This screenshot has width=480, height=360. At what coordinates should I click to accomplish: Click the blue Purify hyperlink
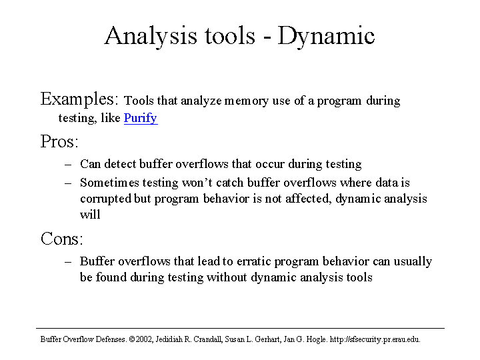[x=141, y=118]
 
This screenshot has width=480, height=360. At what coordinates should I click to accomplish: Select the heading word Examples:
[x=79, y=99]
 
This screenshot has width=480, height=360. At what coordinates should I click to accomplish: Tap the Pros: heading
[x=59, y=141]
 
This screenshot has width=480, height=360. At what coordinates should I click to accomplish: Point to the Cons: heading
[x=62, y=239]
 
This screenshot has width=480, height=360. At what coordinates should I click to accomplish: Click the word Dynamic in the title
[x=326, y=37]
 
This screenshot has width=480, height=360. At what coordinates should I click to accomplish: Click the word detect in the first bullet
[x=120, y=164]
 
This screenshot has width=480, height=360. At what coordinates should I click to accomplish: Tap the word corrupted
[x=105, y=199]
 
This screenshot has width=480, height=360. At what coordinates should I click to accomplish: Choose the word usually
[x=413, y=262]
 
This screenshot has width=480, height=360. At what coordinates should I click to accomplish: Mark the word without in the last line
[x=227, y=277]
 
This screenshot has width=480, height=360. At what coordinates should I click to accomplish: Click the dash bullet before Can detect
[x=68, y=165]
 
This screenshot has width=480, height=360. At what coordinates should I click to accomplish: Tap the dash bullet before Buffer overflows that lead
[x=68, y=262]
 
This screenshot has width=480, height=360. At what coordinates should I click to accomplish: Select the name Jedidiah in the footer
[x=169, y=339]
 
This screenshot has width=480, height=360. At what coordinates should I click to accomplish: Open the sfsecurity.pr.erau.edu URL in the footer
[x=375, y=339]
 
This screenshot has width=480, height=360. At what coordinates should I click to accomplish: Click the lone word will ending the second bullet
[x=90, y=215]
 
